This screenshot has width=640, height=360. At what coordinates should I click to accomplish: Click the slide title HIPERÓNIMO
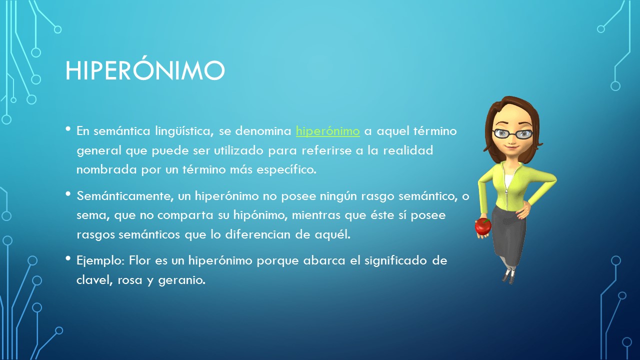(145, 70)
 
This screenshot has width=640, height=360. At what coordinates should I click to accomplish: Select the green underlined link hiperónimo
(327, 131)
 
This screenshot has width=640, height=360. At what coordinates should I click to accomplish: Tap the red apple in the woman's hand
(483, 226)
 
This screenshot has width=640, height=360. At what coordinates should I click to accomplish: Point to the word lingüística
(179, 131)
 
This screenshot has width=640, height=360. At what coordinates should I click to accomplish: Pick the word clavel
(93, 280)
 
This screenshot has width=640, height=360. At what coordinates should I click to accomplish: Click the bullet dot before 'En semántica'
(68, 129)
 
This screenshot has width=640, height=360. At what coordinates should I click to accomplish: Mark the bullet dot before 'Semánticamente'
(68, 193)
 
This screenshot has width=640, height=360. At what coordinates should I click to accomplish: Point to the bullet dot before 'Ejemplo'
(68, 258)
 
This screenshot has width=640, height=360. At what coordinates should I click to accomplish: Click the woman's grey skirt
(508, 235)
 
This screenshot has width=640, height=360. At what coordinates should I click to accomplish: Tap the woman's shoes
(508, 275)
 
